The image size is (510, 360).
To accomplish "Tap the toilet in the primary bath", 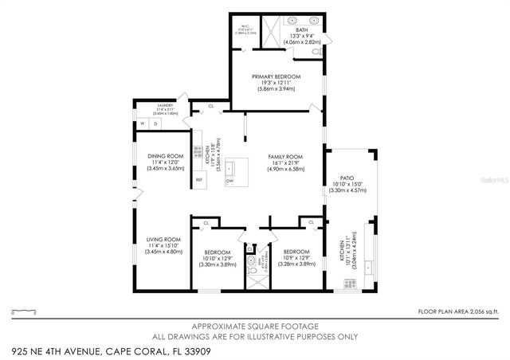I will [x=317, y=52].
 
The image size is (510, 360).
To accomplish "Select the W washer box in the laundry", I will [x=142, y=124].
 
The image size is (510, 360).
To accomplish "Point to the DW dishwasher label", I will [x=230, y=181].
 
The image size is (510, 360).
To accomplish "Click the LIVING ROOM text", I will [x=163, y=240].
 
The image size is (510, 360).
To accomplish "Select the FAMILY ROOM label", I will [x=285, y=156].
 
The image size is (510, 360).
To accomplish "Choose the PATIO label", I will [x=347, y=178].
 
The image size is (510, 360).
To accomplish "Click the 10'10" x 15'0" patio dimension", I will [x=347, y=185].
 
